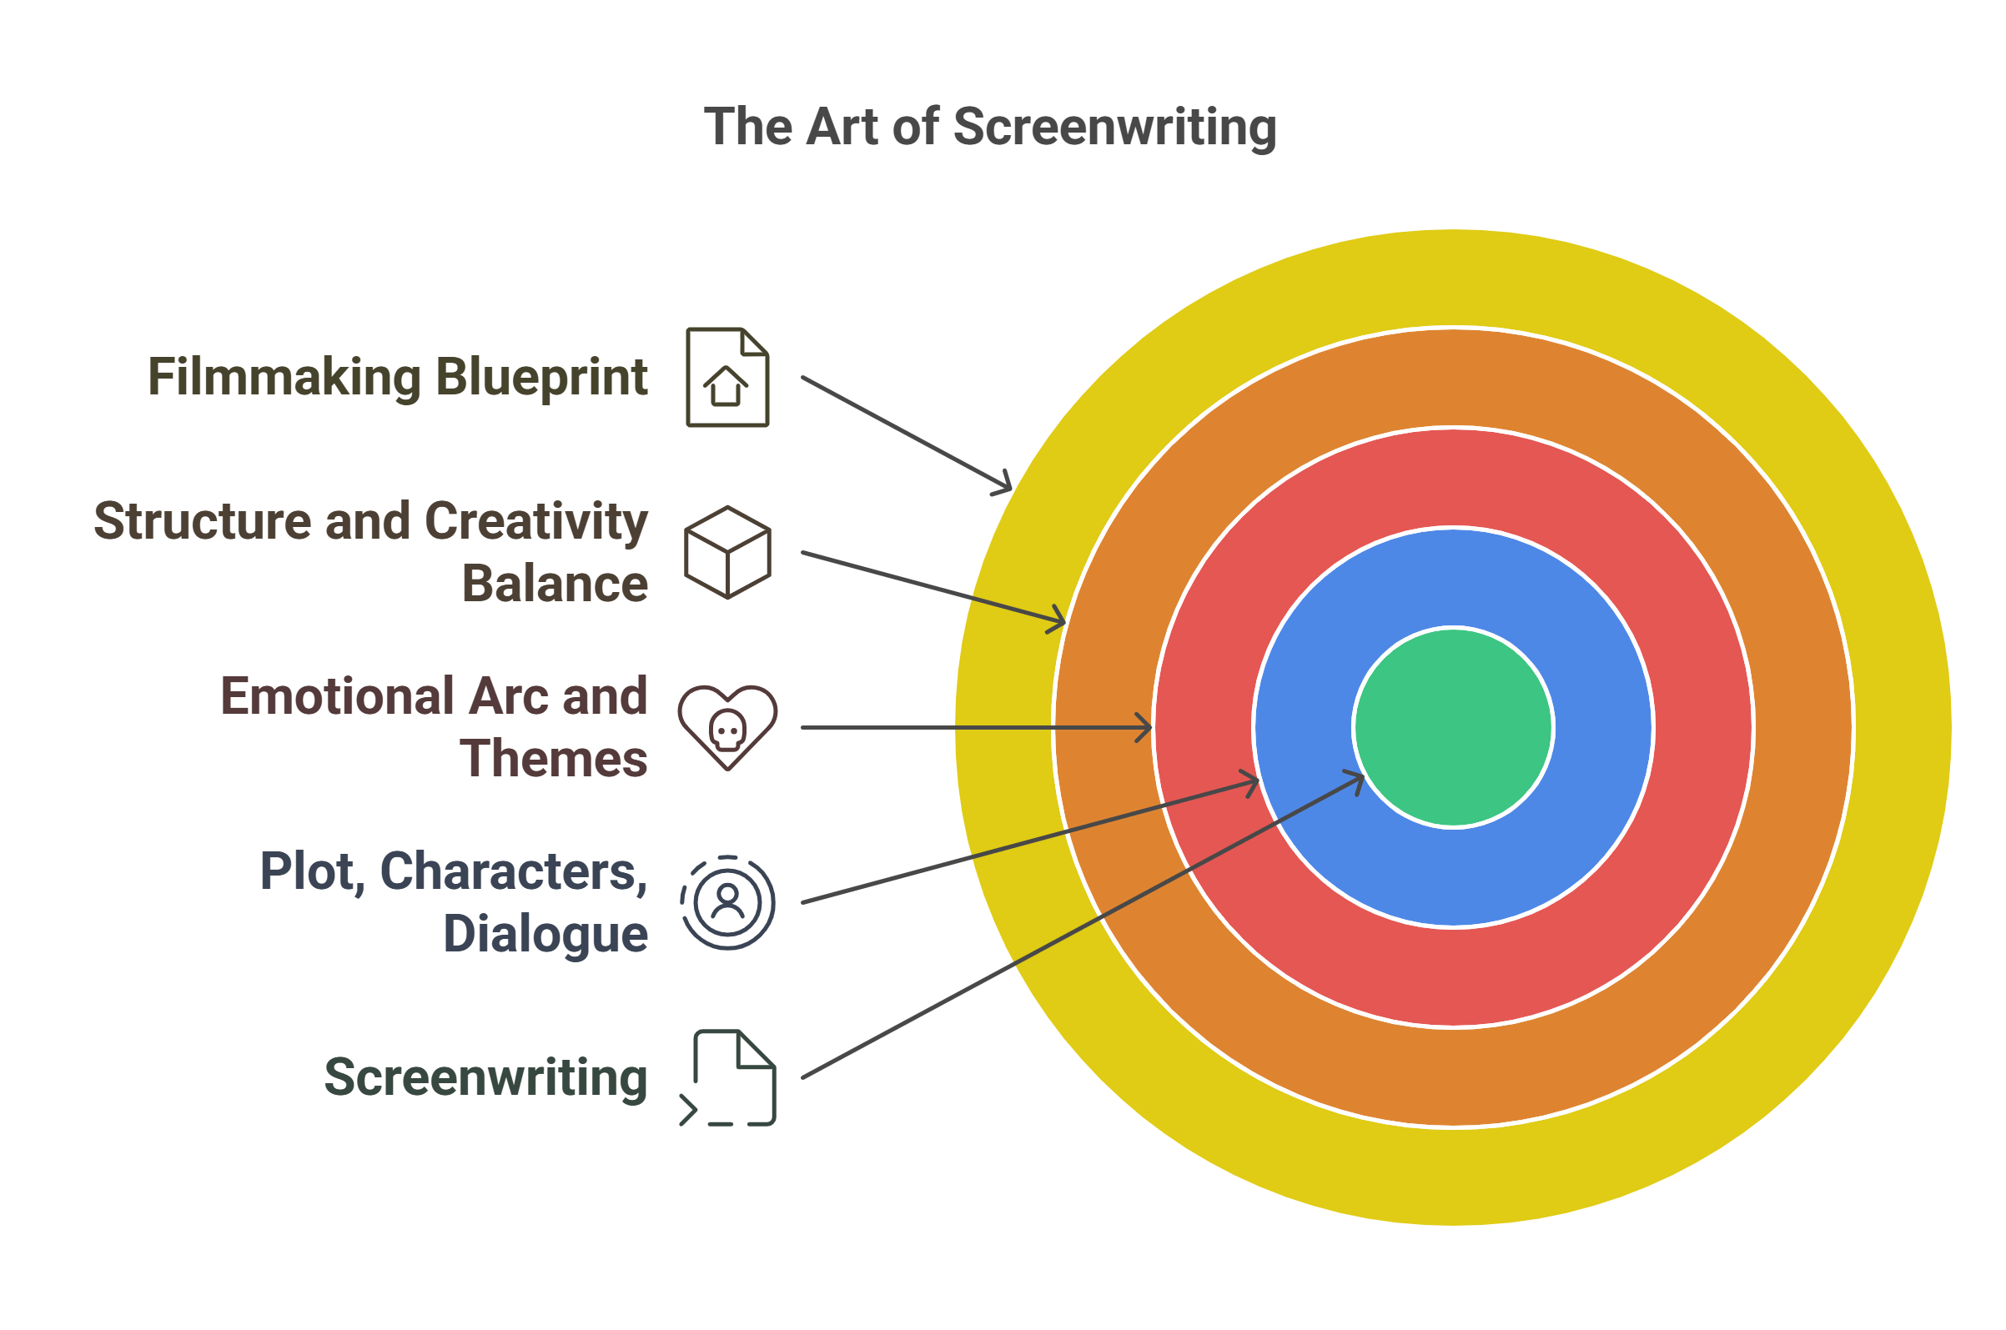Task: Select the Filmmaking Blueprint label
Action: [x=397, y=377]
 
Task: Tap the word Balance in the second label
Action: [x=554, y=584]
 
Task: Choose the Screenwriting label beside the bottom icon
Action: [x=485, y=1077]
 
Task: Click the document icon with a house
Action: [x=726, y=378]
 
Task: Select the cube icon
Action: [x=726, y=552]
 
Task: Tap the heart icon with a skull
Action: [x=726, y=727]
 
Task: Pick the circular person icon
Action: [x=726, y=902]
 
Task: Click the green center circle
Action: [x=1452, y=727]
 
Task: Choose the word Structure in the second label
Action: [x=202, y=521]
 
